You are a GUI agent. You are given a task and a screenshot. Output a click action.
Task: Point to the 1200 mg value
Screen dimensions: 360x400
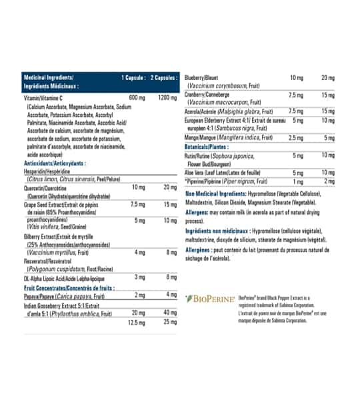[167, 98]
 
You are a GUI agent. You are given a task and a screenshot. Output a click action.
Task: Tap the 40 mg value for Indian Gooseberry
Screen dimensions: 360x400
[170, 313]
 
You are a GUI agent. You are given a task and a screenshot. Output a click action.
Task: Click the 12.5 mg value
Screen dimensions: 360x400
[137, 322]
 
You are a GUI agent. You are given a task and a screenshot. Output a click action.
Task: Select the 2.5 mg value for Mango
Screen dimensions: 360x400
[297, 137]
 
